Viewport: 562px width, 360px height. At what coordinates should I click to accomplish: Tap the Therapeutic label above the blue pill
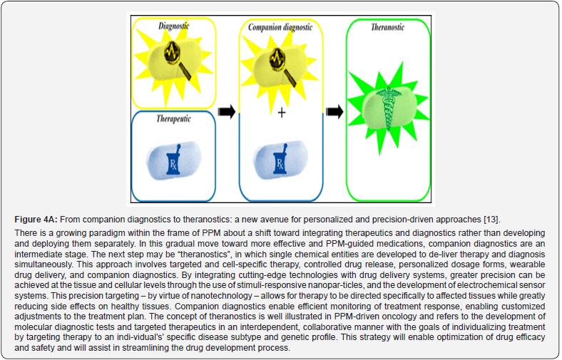coord(173,119)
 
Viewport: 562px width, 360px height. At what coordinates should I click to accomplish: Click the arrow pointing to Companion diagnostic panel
coord(226,111)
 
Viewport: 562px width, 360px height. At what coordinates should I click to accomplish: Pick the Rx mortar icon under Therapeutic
coord(173,165)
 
